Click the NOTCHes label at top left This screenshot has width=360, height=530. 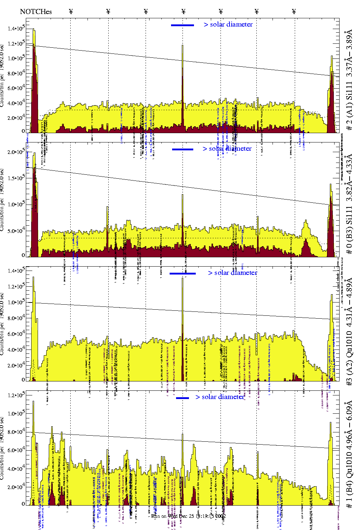point(36,11)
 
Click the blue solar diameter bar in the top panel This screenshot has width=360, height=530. point(183,25)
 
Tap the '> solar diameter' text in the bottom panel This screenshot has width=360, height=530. point(220,397)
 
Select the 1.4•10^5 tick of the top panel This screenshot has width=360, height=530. point(16,28)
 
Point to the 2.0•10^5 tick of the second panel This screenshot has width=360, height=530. point(16,152)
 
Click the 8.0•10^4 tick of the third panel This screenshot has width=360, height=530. point(16,318)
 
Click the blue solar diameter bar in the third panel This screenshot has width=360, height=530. point(183,273)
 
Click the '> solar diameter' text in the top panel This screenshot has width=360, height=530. point(228,24)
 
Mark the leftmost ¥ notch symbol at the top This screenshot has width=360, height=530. point(71,11)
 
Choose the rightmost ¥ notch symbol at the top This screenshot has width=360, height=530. point(294,11)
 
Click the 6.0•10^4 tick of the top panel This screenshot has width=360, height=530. point(16,88)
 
